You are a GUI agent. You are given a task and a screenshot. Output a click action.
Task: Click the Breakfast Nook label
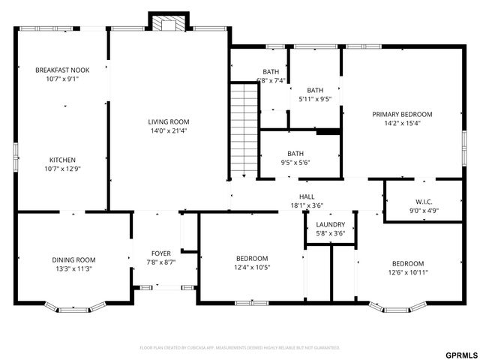tap(62, 70)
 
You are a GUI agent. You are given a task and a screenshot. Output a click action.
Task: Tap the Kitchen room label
tap(62, 160)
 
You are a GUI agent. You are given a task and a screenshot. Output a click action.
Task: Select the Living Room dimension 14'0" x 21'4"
tap(168, 130)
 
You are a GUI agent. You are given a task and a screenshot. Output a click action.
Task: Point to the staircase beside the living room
tap(244, 131)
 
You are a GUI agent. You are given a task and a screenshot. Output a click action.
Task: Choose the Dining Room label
tap(73, 260)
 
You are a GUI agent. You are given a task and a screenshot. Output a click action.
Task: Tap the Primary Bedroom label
tap(402, 115)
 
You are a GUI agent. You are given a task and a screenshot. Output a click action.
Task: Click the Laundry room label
tap(330, 225)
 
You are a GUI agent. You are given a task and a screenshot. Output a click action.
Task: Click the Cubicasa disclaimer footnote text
tap(240, 348)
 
